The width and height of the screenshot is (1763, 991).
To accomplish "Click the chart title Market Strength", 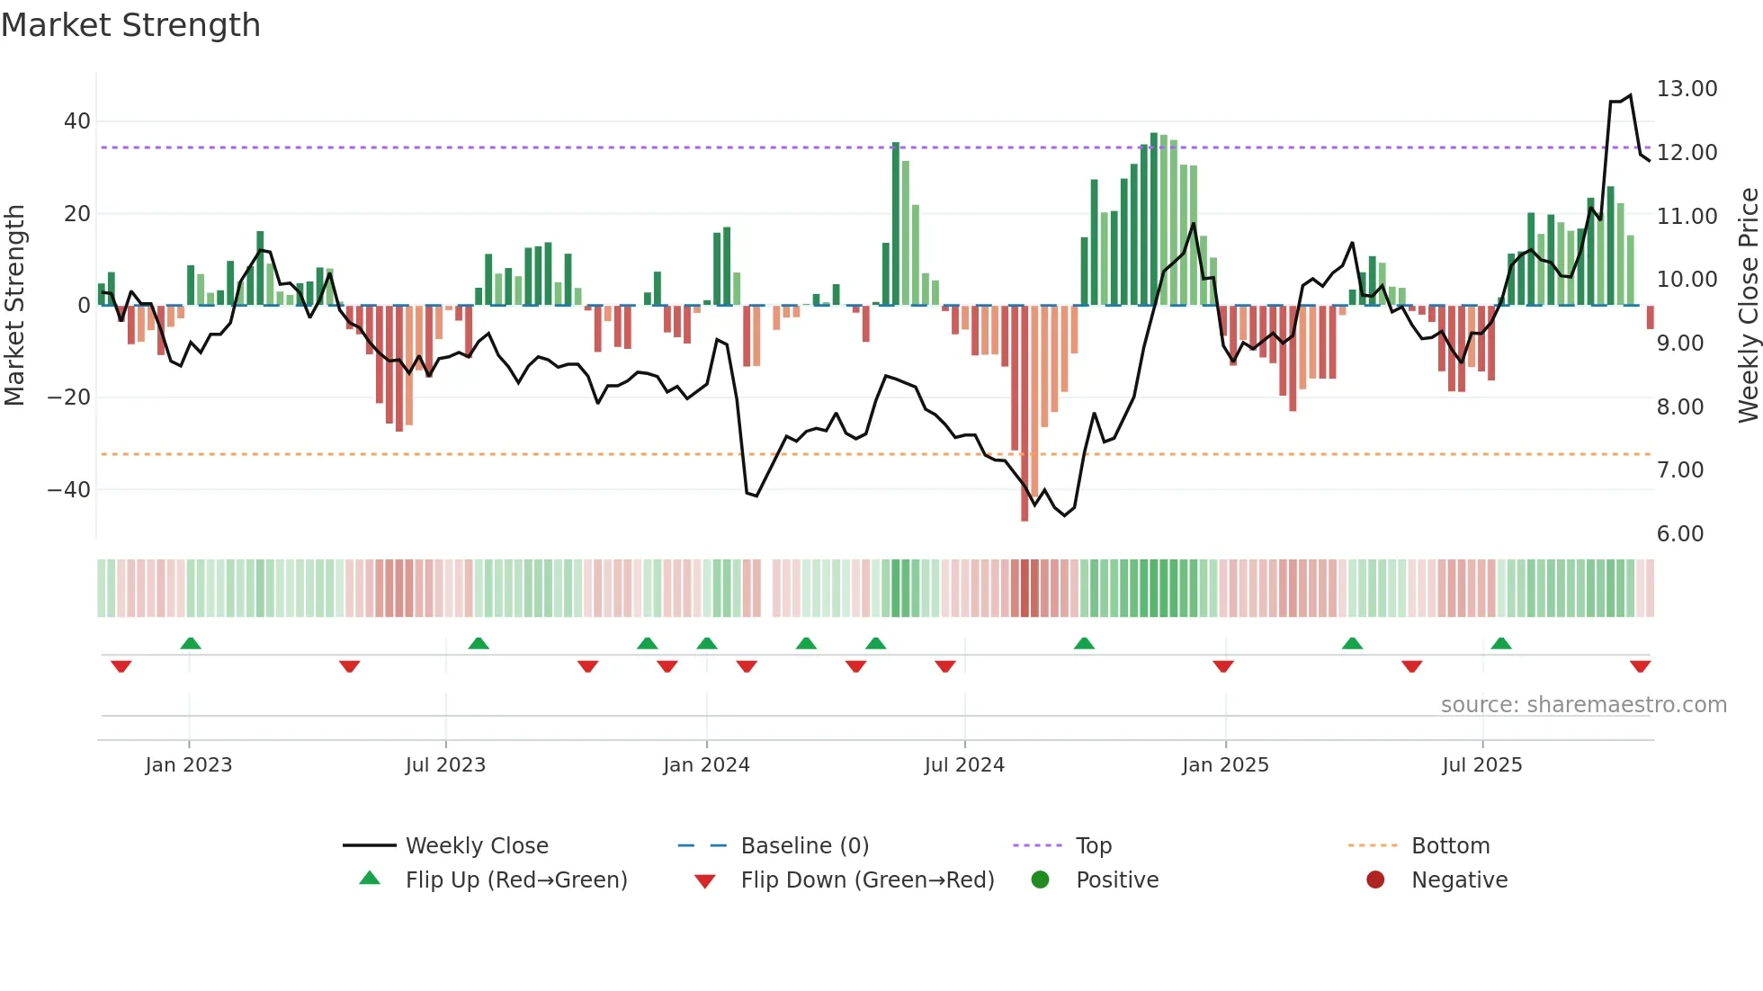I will click(130, 25).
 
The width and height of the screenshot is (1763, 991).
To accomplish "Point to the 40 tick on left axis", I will click(77, 121).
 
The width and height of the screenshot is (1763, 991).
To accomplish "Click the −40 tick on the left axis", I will click(69, 490).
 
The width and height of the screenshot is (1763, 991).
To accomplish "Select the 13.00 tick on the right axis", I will click(1687, 89).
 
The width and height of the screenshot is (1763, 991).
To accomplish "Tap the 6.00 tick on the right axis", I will click(1679, 534).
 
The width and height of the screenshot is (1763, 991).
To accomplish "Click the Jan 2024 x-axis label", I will click(706, 765).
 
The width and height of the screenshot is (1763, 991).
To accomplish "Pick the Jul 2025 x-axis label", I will click(1481, 765).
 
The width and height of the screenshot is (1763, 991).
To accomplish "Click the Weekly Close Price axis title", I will click(1748, 306).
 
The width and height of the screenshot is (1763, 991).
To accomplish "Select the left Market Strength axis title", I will click(14, 306).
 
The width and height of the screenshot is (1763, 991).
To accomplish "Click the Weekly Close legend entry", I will click(476, 846).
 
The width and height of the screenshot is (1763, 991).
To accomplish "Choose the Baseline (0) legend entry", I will click(804, 846).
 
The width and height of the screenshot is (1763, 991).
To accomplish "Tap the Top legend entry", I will click(1093, 846).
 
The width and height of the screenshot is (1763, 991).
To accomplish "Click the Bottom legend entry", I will click(1450, 846).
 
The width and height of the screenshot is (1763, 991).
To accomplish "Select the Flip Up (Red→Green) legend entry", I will click(515, 880).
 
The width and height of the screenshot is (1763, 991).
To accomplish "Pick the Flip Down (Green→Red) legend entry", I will click(867, 880).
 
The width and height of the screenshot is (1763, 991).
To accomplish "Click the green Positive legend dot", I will click(1040, 880).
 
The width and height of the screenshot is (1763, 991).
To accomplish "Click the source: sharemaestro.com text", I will click(1583, 705).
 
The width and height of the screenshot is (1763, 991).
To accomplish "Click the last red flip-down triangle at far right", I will click(1640, 666).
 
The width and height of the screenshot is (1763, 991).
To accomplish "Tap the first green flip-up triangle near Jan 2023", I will click(191, 643).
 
